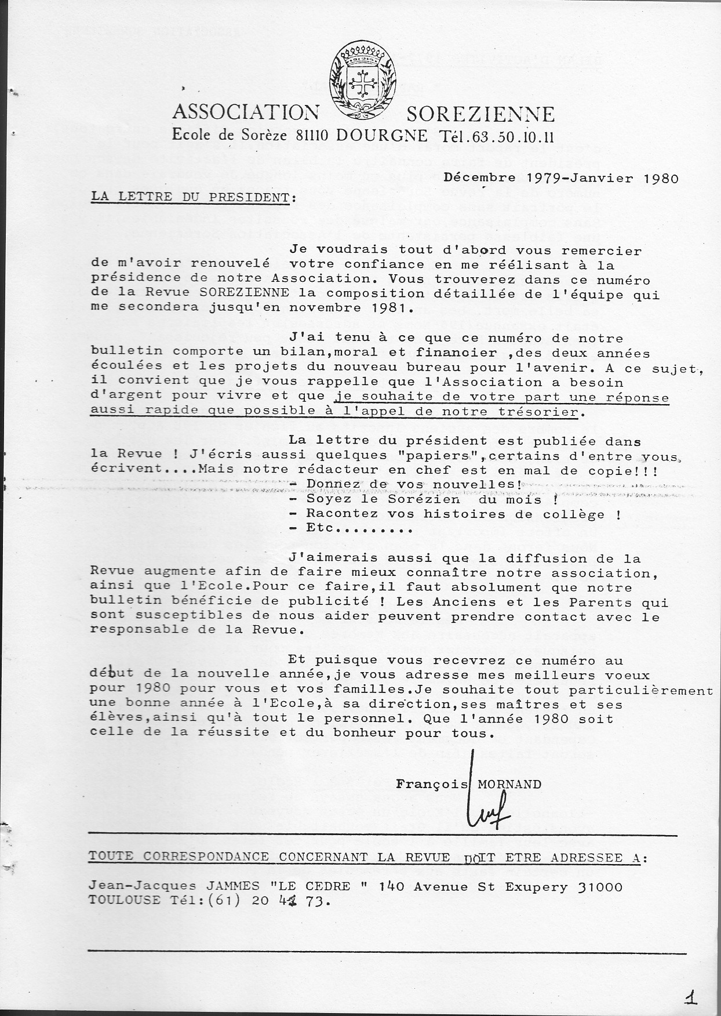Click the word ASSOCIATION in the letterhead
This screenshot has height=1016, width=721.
coord(246,113)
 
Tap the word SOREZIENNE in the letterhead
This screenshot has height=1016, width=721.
coord(480,114)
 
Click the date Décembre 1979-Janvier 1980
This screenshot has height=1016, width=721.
coord(560,178)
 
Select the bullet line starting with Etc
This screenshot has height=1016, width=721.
coord(350,528)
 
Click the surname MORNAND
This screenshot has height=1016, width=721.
coord(509,785)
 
